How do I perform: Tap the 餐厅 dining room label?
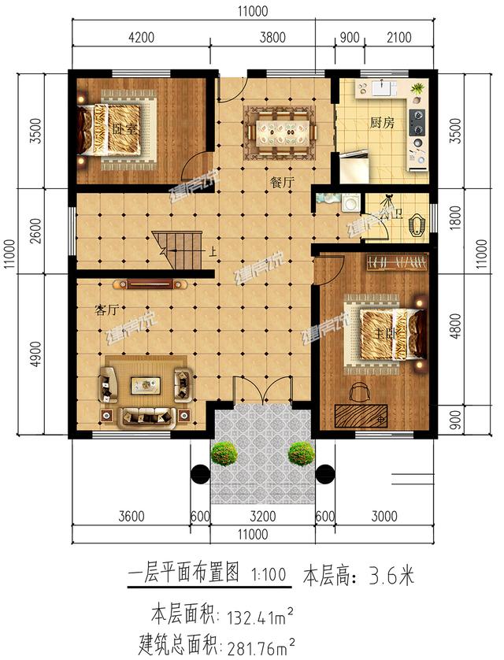click(x=282, y=182)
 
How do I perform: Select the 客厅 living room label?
click(x=106, y=310)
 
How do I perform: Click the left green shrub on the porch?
click(x=224, y=453)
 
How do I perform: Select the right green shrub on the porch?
click(x=300, y=453)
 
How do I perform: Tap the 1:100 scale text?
click(x=269, y=575)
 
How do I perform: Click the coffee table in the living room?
click(x=146, y=385)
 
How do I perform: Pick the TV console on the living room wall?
click(x=150, y=283)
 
